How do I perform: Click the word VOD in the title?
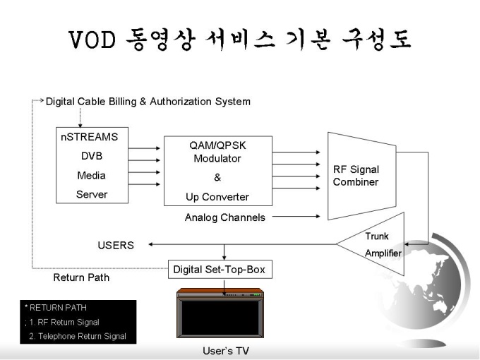click(x=92, y=40)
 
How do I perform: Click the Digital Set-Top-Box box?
click(x=220, y=269)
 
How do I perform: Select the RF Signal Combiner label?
click(x=356, y=176)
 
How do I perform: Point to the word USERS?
click(x=116, y=245)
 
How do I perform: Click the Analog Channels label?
click(x=225, y=217)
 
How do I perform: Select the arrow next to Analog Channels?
click(x=296, y=217)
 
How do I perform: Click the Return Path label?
click(x=81, y=277)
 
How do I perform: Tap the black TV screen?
click(x=220, y=318)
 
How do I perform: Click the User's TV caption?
click(x=226, y=351)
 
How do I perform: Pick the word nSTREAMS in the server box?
click(x=90, y=137)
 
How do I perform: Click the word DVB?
click(x=92, y=156)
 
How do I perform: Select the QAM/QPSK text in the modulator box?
click(x=217, y=145)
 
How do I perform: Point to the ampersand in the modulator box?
click(x=217, y=177)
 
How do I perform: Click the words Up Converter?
click(x=217, y=197)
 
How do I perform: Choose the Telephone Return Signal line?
click(x=78, y=336)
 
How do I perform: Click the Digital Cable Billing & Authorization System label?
click(x=148, y=102)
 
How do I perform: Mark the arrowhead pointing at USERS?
click(x=150, y=244)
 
